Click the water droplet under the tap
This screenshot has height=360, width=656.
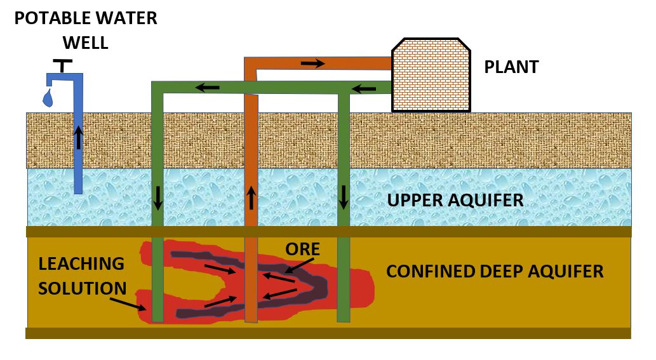point(48,98)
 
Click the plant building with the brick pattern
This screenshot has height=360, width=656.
point(431,76)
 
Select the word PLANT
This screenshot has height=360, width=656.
point(511,67)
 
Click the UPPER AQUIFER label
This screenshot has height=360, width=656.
point(455,201)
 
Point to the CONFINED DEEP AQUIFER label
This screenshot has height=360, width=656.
point(495,272)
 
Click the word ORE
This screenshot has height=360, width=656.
point(304,248)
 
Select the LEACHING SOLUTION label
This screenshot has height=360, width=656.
point(82,276)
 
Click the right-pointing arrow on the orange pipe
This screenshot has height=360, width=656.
point(312,63)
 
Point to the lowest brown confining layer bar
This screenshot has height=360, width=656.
point(328,333)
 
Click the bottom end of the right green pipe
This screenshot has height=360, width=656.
point(344,319)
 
